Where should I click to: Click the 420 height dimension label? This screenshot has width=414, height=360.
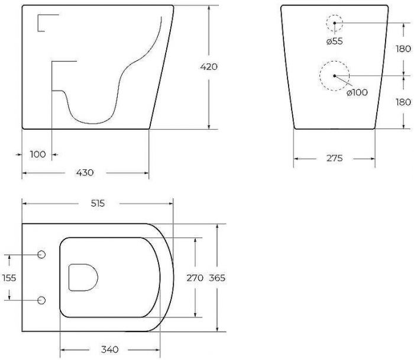(x=209, y=66)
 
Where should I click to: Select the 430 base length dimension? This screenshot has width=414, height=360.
(x=85, y=173)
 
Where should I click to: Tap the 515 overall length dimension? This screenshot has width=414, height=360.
(x=98, y=204)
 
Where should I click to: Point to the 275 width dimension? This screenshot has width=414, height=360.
(x=335, y=158)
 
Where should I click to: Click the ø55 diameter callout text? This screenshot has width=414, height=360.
(x=334, y=41)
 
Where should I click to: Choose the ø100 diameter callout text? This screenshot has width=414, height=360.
(x=357, y=92)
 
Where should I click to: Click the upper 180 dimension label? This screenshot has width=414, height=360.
(x=403, y=49)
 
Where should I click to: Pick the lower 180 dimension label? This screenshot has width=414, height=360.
(x=403, y=102)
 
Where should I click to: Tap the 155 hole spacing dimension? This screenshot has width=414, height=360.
(x=9, y=278)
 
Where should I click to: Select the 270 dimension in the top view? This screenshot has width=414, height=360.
(x=195, y=278)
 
